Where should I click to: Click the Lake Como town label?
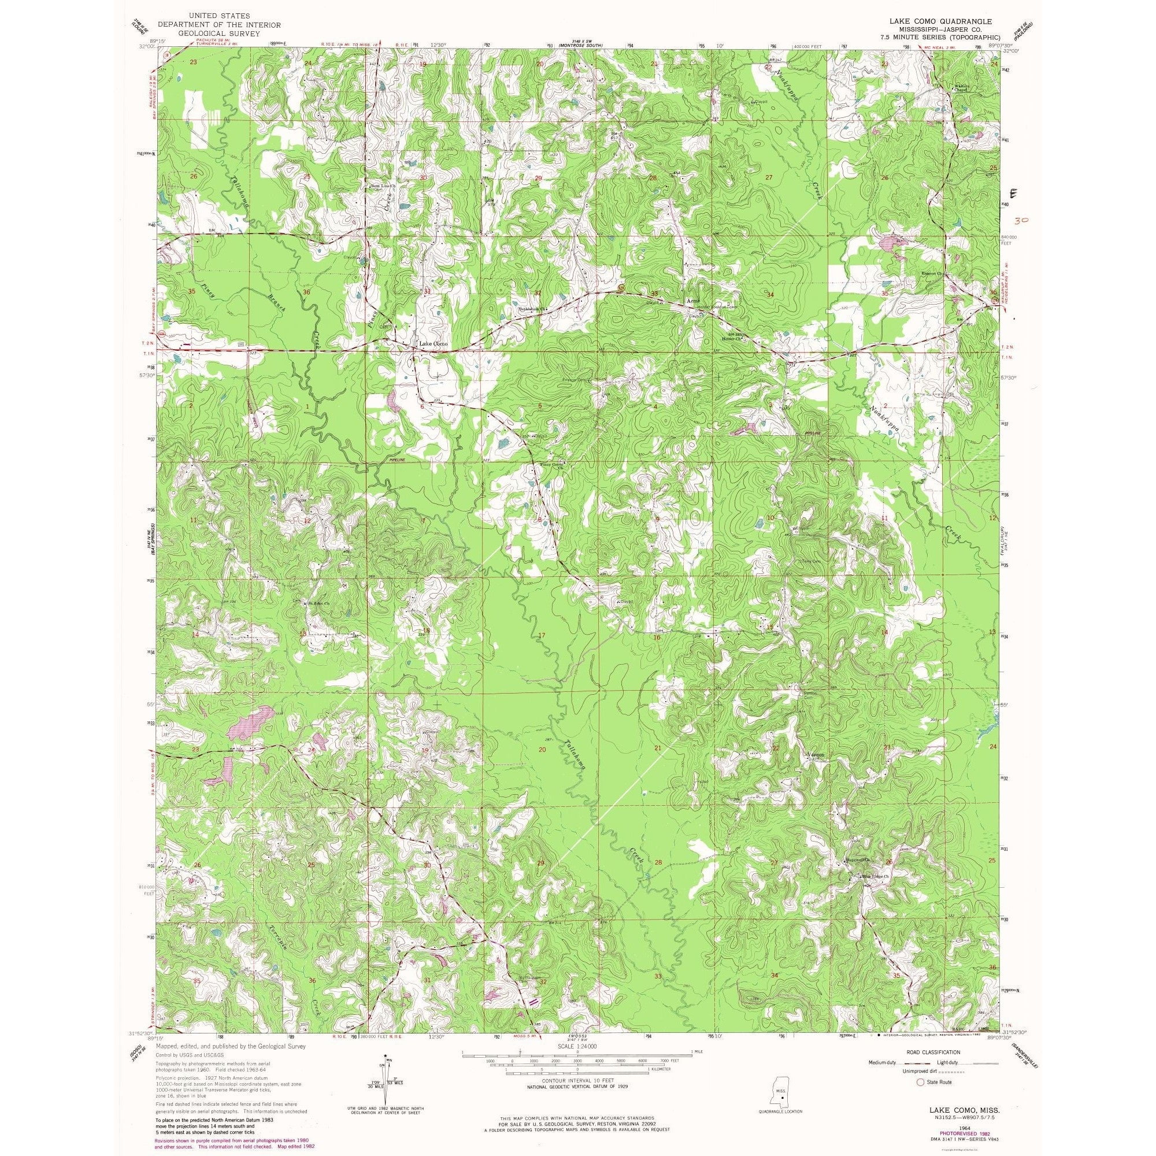tap(432, 344)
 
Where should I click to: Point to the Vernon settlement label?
tap(817, 754)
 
